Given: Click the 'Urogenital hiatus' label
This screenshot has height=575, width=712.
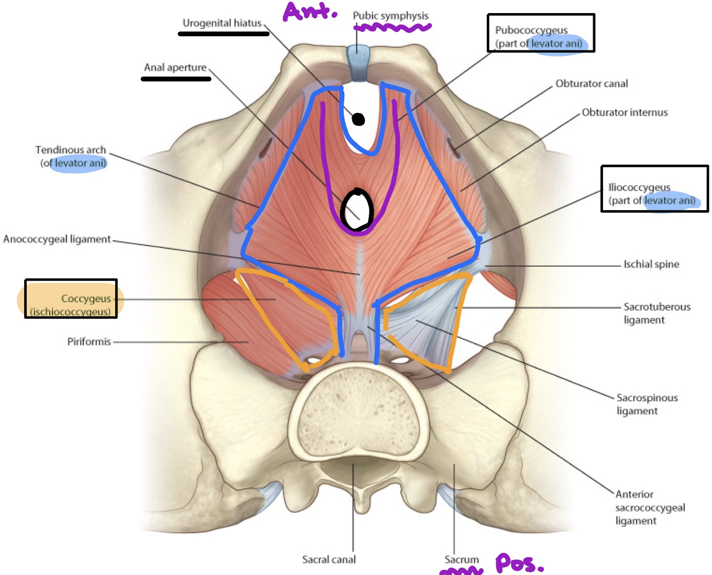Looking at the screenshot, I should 222,23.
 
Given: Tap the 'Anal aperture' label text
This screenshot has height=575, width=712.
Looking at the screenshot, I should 175,68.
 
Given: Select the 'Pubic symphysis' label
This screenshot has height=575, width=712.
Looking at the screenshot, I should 390,16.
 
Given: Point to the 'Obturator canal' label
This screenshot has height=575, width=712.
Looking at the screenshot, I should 591,84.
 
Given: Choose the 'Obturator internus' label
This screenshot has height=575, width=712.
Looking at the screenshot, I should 625,112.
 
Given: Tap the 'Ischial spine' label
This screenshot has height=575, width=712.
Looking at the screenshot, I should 651,264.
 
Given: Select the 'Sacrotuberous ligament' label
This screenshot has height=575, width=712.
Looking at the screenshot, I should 656,313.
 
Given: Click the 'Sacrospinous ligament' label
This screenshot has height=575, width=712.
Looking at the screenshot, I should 647,404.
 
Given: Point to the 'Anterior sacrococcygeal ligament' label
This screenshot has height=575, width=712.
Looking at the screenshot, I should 650,507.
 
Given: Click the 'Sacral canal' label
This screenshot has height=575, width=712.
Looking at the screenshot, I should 328,559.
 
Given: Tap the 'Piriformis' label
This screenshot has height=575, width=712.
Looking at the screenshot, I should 89,341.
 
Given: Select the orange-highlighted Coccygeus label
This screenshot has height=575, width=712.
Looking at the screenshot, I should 71,305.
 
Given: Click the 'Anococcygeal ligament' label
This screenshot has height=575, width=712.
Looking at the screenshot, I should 57,239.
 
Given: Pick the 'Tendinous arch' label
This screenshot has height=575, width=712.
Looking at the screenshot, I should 72,157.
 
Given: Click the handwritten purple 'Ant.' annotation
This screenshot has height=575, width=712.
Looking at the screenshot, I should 310,11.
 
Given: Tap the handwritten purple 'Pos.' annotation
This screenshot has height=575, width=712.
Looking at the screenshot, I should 519,563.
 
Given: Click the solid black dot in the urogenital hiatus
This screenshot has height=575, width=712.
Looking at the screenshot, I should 358,119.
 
